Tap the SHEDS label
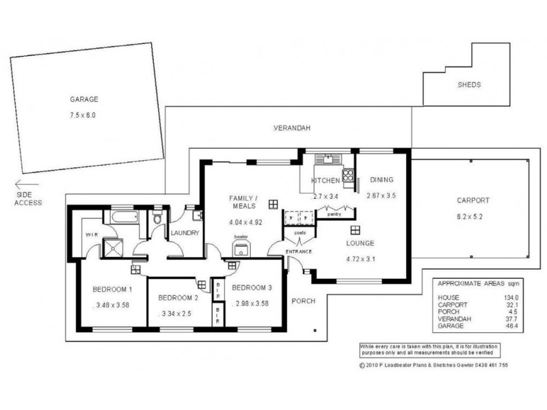[469, 85]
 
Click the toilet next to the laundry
[158, 219]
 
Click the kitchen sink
[328, 160]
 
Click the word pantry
[334, 214]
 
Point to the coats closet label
[299, 232]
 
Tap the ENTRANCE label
[299, 252]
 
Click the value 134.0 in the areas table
[511, 298]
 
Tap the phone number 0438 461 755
[483, 366]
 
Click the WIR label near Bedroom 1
[92, 234]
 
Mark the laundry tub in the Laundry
[197, 217]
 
